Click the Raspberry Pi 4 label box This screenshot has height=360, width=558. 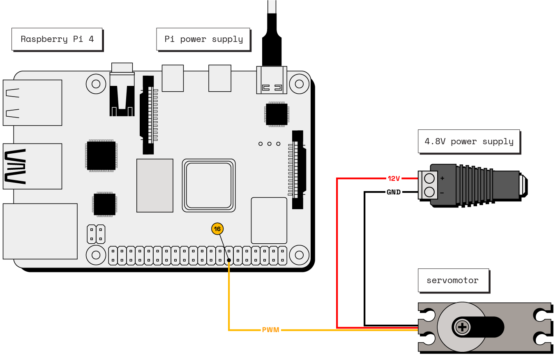(57, 39)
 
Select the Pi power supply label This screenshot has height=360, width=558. (203, 39)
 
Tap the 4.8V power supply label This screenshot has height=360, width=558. (469, 141)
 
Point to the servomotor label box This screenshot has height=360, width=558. (453, 280)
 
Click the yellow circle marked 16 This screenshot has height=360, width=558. (217, 229)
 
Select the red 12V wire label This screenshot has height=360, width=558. (394, 178)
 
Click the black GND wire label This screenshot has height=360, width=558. (393, 192)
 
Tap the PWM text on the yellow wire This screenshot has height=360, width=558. (270, 330)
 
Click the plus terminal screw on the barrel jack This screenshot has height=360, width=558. (429, 178)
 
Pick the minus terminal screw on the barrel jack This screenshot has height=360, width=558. (429, 192)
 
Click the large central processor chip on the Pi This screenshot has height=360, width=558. (209, 185)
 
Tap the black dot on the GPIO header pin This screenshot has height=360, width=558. (229, 260)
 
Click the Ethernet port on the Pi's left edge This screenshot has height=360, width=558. (40, 231)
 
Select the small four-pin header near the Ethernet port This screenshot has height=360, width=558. (96, 234)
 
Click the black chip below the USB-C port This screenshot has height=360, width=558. (276, 114)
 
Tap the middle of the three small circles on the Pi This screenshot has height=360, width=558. (270, 144)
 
